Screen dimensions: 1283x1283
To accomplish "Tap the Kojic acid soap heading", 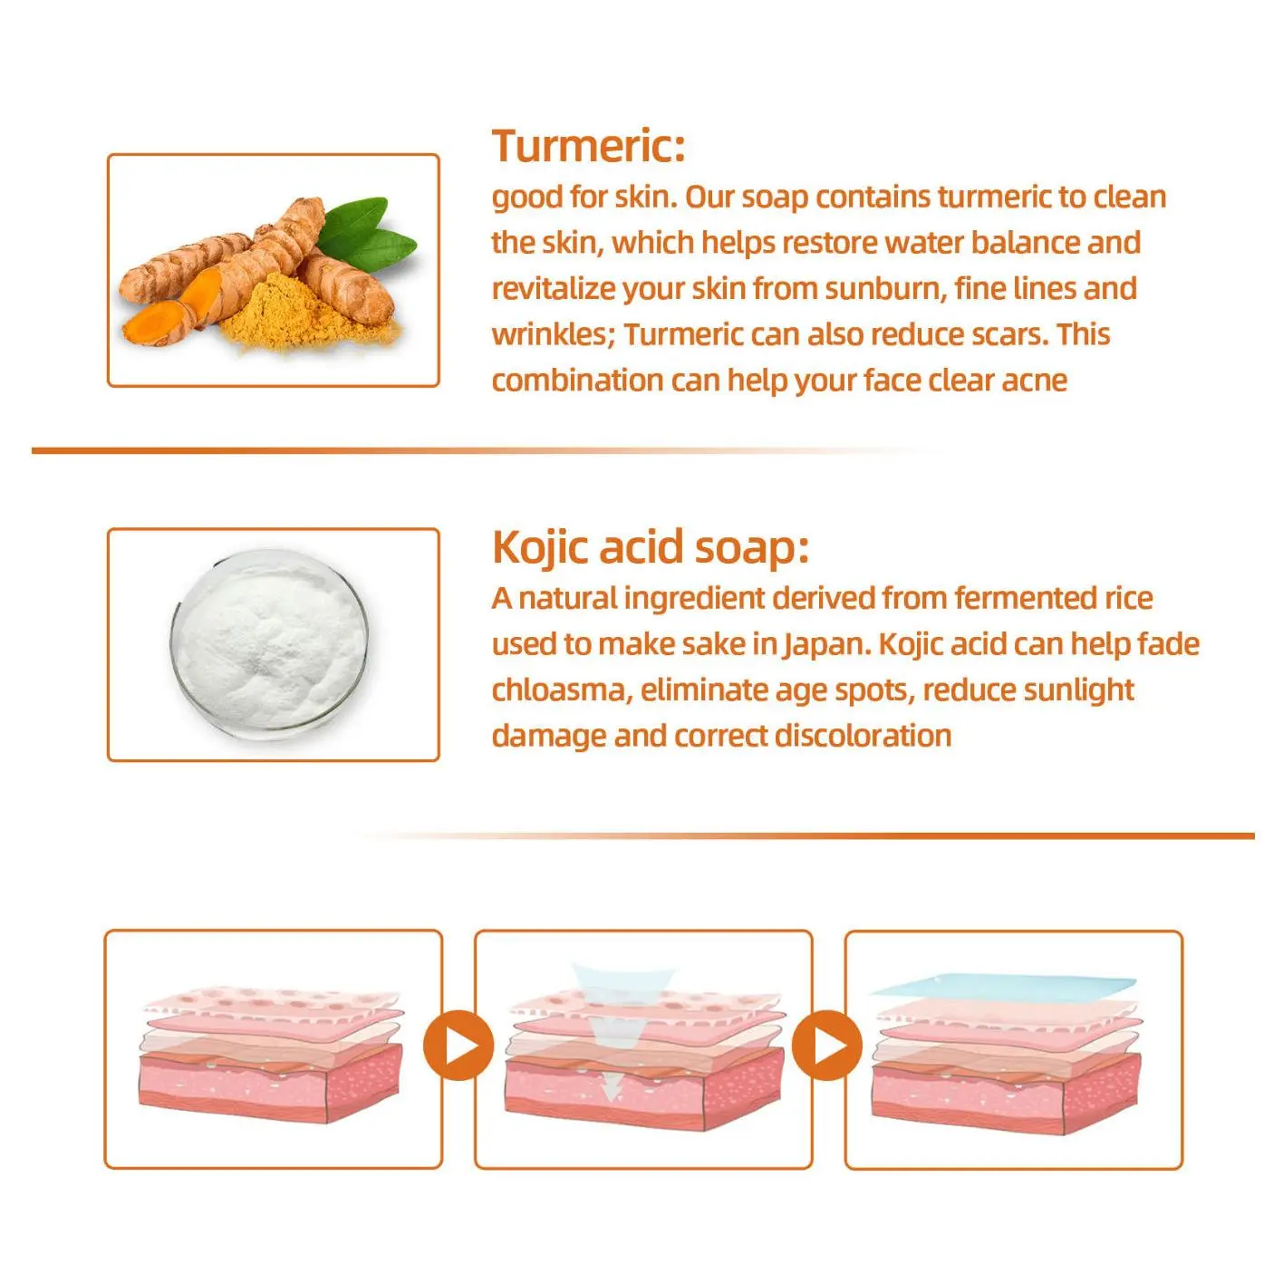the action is [x=650, y=547].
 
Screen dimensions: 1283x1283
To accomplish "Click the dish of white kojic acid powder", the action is [x=269, y=645].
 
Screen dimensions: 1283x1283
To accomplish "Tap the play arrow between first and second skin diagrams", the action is [x=458, y=1046].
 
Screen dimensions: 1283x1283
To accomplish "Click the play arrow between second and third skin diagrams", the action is [x=827, y=1046].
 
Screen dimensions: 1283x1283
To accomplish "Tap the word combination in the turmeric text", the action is [x=576, y=381].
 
